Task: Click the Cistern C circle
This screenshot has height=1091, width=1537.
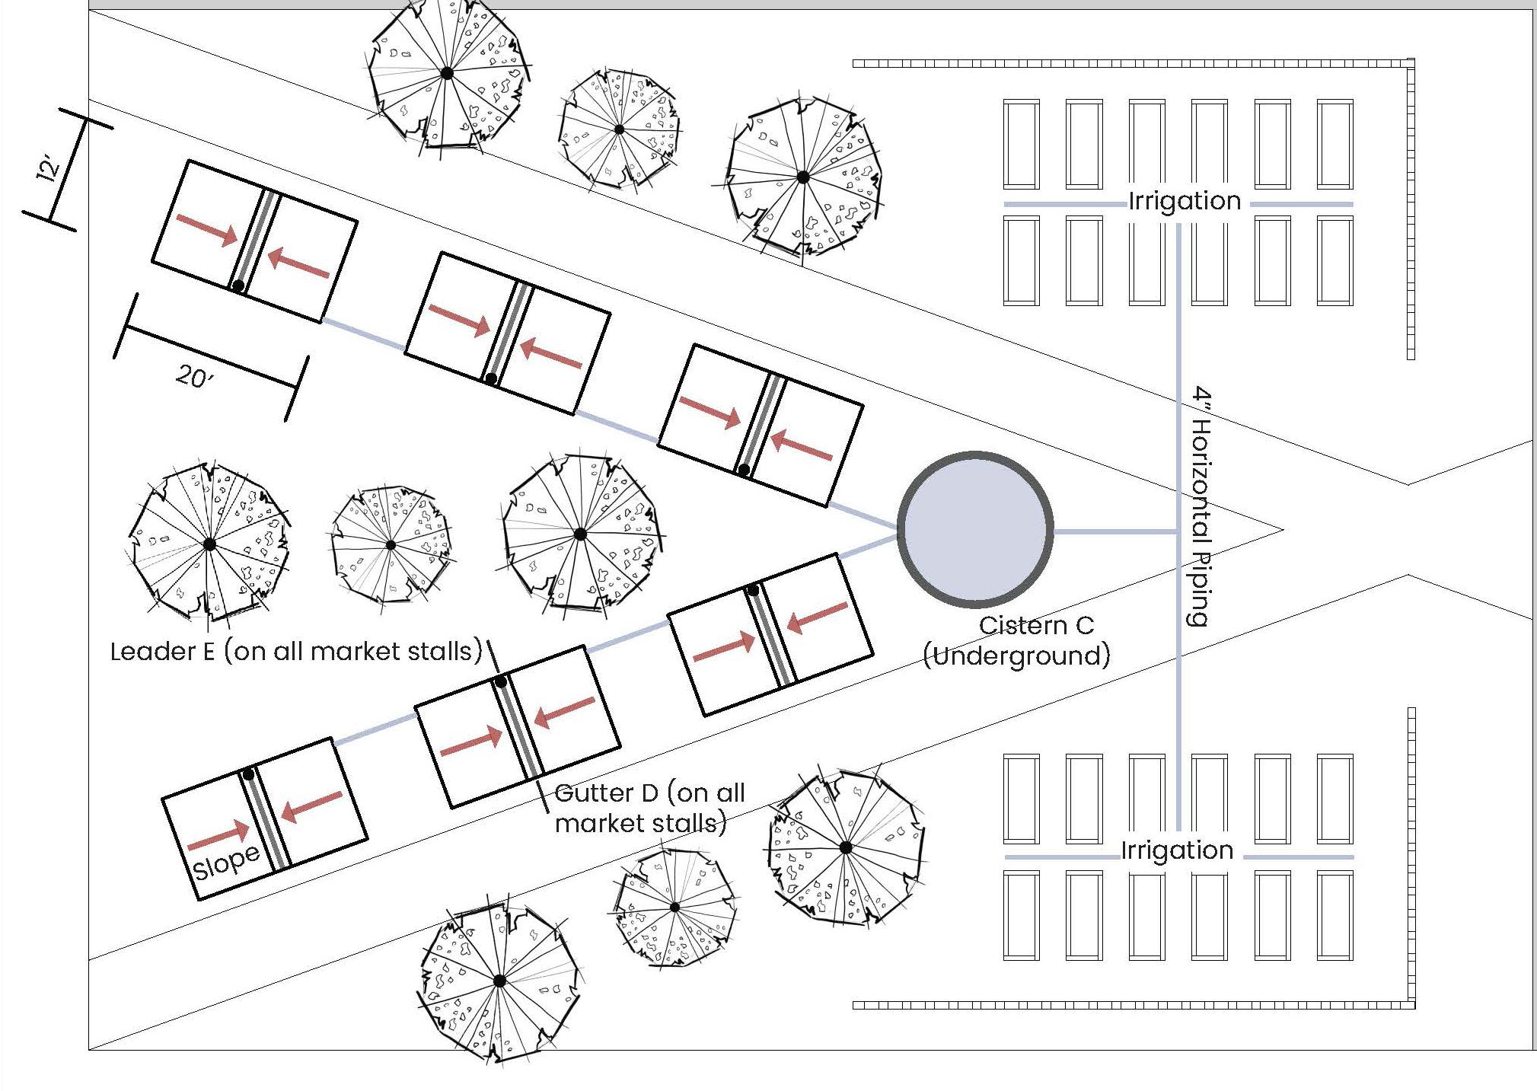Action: click(x=976, y=530)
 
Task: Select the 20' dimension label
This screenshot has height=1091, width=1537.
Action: click(x=195, y=376)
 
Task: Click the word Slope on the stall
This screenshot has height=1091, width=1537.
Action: click(x=226, y=862)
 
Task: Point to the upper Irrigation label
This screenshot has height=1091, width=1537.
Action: click(x=1185, y=201)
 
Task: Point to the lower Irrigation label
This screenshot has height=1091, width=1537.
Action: click(x=1177, y=850)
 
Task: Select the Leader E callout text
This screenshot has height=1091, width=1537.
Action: click(x=296, y=652)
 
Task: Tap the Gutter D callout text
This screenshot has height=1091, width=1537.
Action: click(x=649, y=808)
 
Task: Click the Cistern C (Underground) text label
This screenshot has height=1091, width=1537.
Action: click(x=1017, y=640)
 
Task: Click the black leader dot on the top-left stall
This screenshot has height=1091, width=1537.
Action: click(x=238, y=286)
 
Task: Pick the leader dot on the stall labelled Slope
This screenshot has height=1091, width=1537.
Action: click(x=248, y=775)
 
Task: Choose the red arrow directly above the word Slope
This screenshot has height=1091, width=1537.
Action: click(x=218, y=836)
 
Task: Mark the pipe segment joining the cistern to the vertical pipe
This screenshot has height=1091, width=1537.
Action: click(x=1115, y=531)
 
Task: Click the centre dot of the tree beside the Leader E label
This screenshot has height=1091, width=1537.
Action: click(x=209, y=544)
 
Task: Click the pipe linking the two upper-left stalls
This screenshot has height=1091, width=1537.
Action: click(x=363, y=335)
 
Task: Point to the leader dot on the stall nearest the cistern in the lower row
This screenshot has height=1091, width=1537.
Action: click(x=753, y=590)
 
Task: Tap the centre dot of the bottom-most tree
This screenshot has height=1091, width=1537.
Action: click(x=499, y=981)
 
